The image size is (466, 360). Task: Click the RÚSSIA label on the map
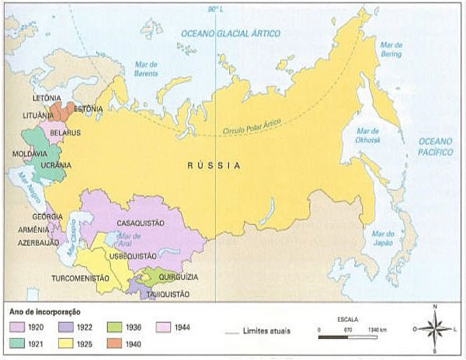point(215,166)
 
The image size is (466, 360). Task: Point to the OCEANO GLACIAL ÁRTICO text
point(231,33)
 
